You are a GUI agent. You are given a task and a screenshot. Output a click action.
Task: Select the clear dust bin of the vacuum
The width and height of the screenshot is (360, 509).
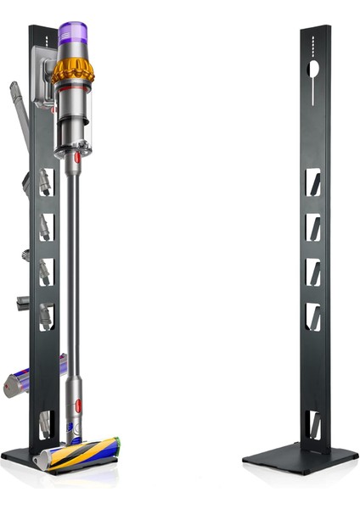(73, 119)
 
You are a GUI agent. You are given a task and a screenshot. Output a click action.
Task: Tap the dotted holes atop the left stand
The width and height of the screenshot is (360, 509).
(43, 37)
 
